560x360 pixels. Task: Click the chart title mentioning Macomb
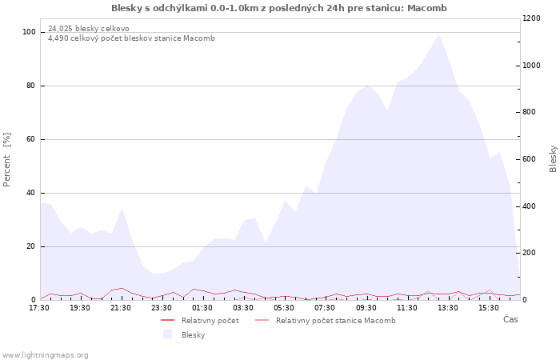[279, 8]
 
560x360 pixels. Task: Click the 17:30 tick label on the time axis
[39, 308]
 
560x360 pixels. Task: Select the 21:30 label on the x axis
[121, 308]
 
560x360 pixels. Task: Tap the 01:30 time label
[202, 308]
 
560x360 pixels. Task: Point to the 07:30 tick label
[325, 308]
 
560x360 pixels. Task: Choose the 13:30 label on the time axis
[447, 308]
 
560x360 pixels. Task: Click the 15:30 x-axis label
[488, 308]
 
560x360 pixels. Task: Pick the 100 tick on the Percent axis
[29, 32]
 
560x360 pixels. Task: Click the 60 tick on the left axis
[30, 139]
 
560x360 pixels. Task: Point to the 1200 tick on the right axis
[531, 18]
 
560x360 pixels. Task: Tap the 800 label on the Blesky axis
[529, 112]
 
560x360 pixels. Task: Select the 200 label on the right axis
[529, 253]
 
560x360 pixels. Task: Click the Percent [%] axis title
[6, 160]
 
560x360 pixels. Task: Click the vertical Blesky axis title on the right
[553, 159]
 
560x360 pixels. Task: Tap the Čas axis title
[510, 319]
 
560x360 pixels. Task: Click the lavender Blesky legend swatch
[167, 334]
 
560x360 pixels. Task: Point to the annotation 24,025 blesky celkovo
[89, 29]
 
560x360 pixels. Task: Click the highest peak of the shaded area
[438, 34]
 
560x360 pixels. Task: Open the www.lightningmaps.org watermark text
[45, 355]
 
